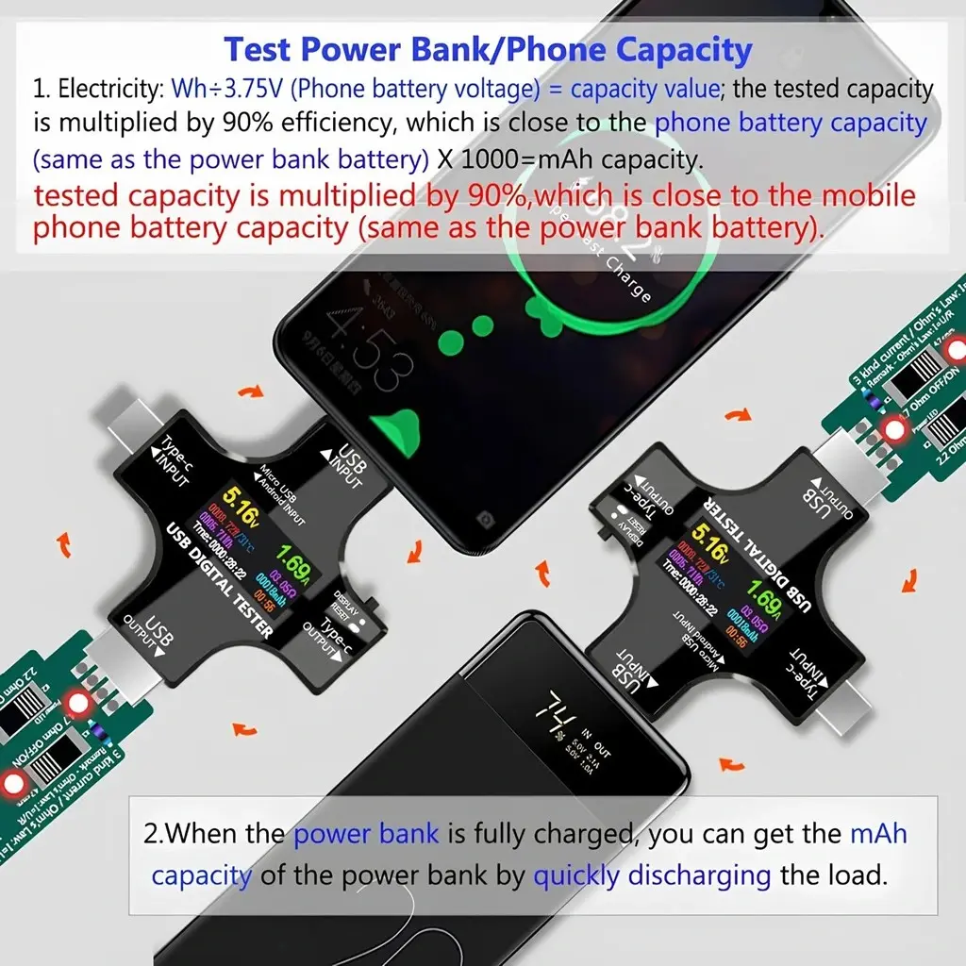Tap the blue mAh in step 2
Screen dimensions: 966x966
pos(878,834)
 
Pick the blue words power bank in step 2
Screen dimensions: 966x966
pos(366,834)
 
